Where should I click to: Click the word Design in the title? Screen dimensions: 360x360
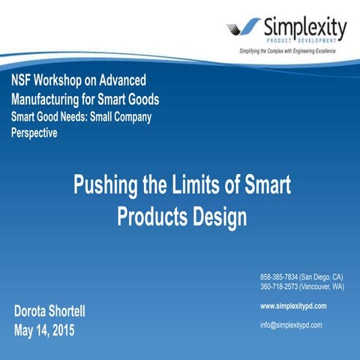click(217, 217)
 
